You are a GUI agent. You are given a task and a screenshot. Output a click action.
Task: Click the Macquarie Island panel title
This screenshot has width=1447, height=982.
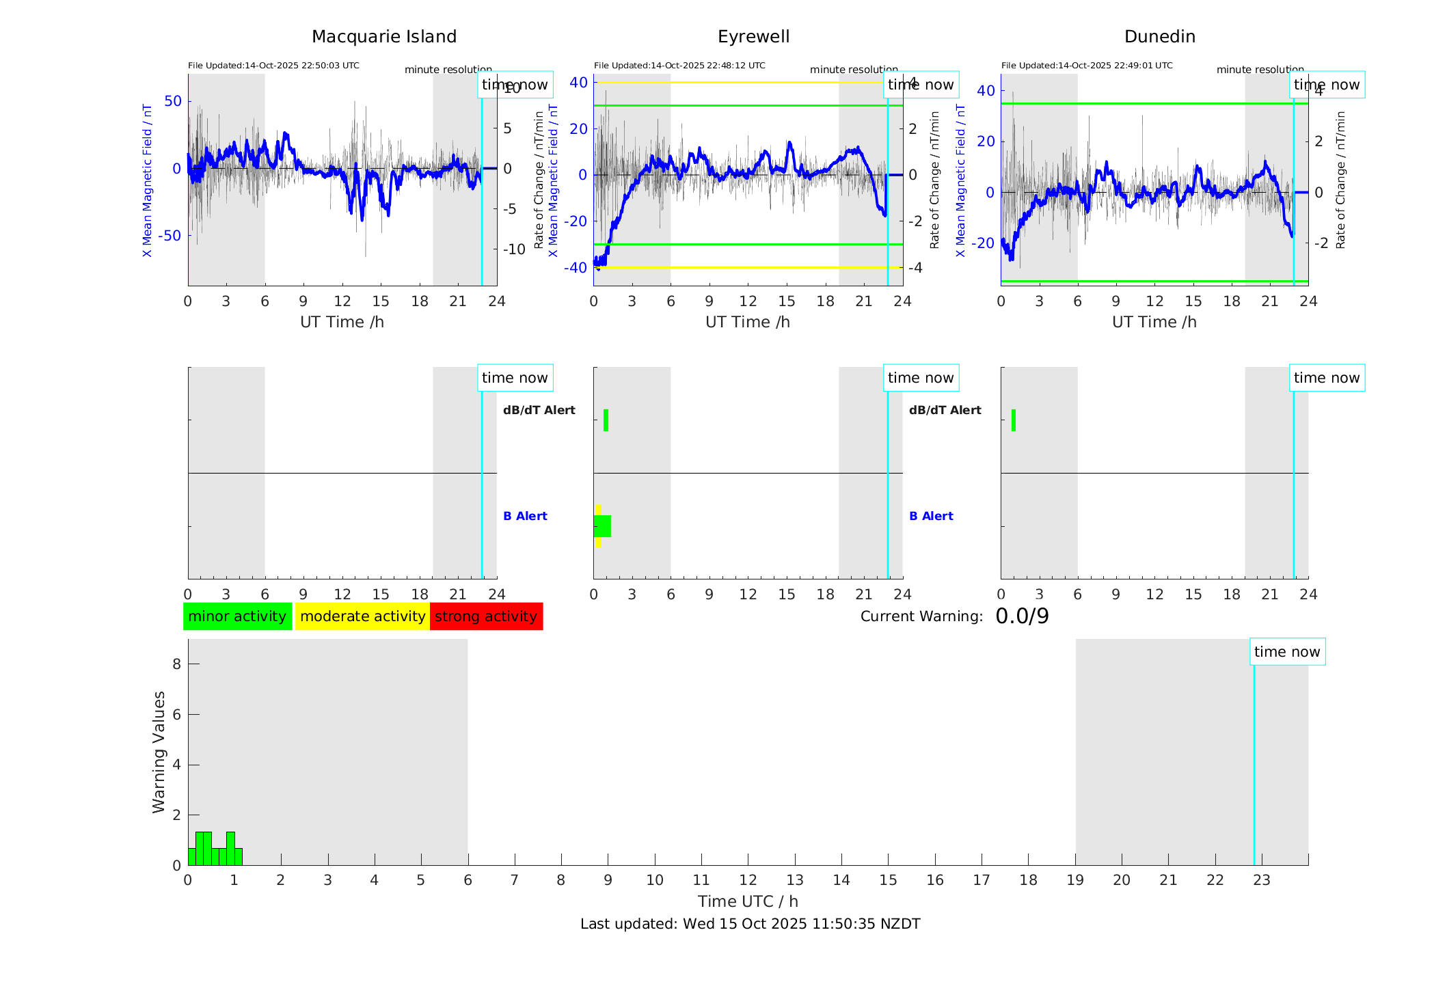(x=383, y=37)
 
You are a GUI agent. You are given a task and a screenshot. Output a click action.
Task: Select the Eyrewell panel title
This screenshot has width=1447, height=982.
(x=753, y=37)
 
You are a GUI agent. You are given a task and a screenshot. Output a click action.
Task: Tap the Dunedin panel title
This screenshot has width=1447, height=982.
(x=1159, y=37)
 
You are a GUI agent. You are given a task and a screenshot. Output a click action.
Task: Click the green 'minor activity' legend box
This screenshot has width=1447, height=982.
(x=237, y=616)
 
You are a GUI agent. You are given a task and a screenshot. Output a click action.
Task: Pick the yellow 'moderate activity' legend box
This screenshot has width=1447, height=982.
(x=362, y=616)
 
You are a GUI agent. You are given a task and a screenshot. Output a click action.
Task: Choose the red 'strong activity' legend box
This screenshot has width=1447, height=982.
(x=486, y=616)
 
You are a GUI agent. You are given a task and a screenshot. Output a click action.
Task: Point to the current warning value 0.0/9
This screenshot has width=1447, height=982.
(x=1022, y=616)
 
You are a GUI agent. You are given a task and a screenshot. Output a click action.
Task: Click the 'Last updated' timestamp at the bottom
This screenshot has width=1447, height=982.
(x=750, y=924)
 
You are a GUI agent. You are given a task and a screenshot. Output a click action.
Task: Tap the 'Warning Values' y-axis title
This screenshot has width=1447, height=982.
(x=159, y=752)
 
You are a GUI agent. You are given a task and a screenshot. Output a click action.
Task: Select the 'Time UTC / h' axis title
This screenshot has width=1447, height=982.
(x=748, y=901)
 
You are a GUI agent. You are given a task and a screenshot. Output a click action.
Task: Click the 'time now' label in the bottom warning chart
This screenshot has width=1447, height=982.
(x=1287, y=652)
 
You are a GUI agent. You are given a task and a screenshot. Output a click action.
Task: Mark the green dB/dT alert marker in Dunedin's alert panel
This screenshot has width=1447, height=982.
(x=1013, y=420)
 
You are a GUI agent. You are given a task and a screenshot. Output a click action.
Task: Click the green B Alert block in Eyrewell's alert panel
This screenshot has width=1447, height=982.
(x=603, y=526)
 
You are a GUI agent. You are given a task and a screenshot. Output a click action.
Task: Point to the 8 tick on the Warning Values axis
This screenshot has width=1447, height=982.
(x=176, y=664)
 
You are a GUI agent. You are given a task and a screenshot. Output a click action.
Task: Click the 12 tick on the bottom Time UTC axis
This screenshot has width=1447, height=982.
(x=748, y=880)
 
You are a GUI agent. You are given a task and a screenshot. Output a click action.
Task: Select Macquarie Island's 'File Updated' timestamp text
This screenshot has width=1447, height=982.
(x=273, y=66)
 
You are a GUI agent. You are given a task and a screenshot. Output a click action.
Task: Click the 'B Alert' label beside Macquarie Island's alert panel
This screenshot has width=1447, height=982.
(x=525, y=516)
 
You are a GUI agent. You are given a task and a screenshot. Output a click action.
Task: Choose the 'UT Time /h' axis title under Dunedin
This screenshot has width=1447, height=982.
(x=1154, y=322)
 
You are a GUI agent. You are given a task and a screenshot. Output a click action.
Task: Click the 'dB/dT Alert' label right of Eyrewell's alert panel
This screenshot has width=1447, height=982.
(x=945, y=410)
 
